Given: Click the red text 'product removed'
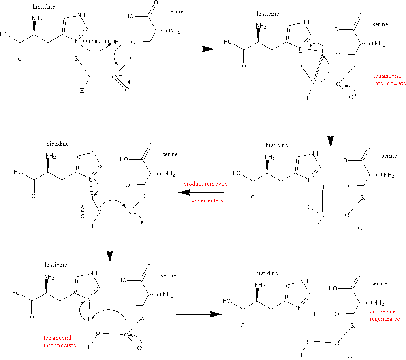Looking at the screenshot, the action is point(205,184).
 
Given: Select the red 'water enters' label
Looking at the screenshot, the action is point(207,200).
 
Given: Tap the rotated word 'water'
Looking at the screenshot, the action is point(83,211).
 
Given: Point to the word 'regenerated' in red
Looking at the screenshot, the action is point(385,319).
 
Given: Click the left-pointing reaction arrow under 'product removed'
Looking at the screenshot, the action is point(201,192).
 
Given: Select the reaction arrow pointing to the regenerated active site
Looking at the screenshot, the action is point(199,315).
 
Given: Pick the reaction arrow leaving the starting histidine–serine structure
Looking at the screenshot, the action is point(192,49).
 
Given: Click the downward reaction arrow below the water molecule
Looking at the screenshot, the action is point(110,245).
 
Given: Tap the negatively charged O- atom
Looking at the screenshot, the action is point(140,348).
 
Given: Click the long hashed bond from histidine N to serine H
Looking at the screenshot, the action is point(97,41).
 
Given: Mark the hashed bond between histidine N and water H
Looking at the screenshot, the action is point(91,188).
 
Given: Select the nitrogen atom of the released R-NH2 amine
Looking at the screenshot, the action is point(323,215).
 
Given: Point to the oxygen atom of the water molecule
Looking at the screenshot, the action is point(99,212).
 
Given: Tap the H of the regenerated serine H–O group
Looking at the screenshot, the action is point(316,314).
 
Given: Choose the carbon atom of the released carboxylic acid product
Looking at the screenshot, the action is point(337,343).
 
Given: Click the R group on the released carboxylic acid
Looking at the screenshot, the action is point(353,326).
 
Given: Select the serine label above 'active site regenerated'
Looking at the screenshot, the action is point(379,283).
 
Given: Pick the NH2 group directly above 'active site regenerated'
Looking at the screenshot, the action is point(379,303).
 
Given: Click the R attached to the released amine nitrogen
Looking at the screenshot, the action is point(308,207).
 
